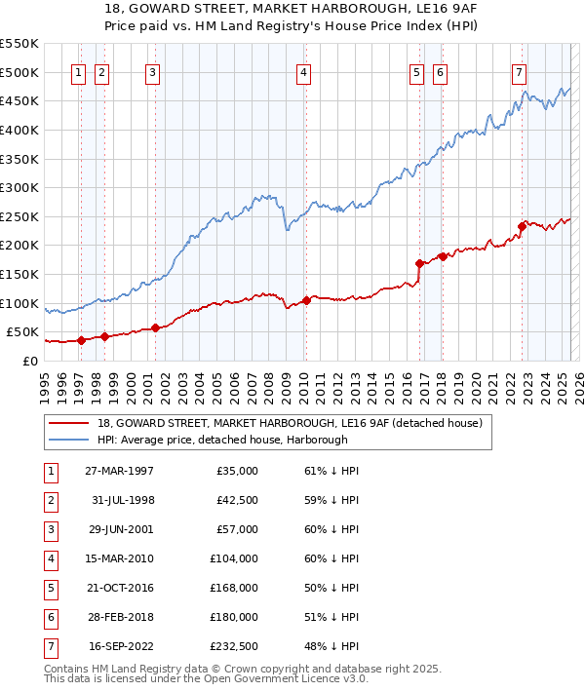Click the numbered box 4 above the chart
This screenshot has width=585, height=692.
click(304, 72)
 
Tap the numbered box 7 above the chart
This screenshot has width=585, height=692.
click(519, 72)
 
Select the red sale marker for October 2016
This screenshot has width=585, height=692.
click(419, 263)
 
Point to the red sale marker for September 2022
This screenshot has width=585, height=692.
click(522, 226)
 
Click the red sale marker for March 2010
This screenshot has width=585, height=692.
click(306, 300)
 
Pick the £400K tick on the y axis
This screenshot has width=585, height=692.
click(20, 130)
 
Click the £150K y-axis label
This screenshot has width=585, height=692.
click(20, 274)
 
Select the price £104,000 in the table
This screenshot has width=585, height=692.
click(234, 558)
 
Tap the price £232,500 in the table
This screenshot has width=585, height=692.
click(234, 646)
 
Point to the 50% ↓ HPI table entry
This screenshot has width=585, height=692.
click(331, 588)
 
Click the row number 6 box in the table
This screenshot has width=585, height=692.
click(50, 617)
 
